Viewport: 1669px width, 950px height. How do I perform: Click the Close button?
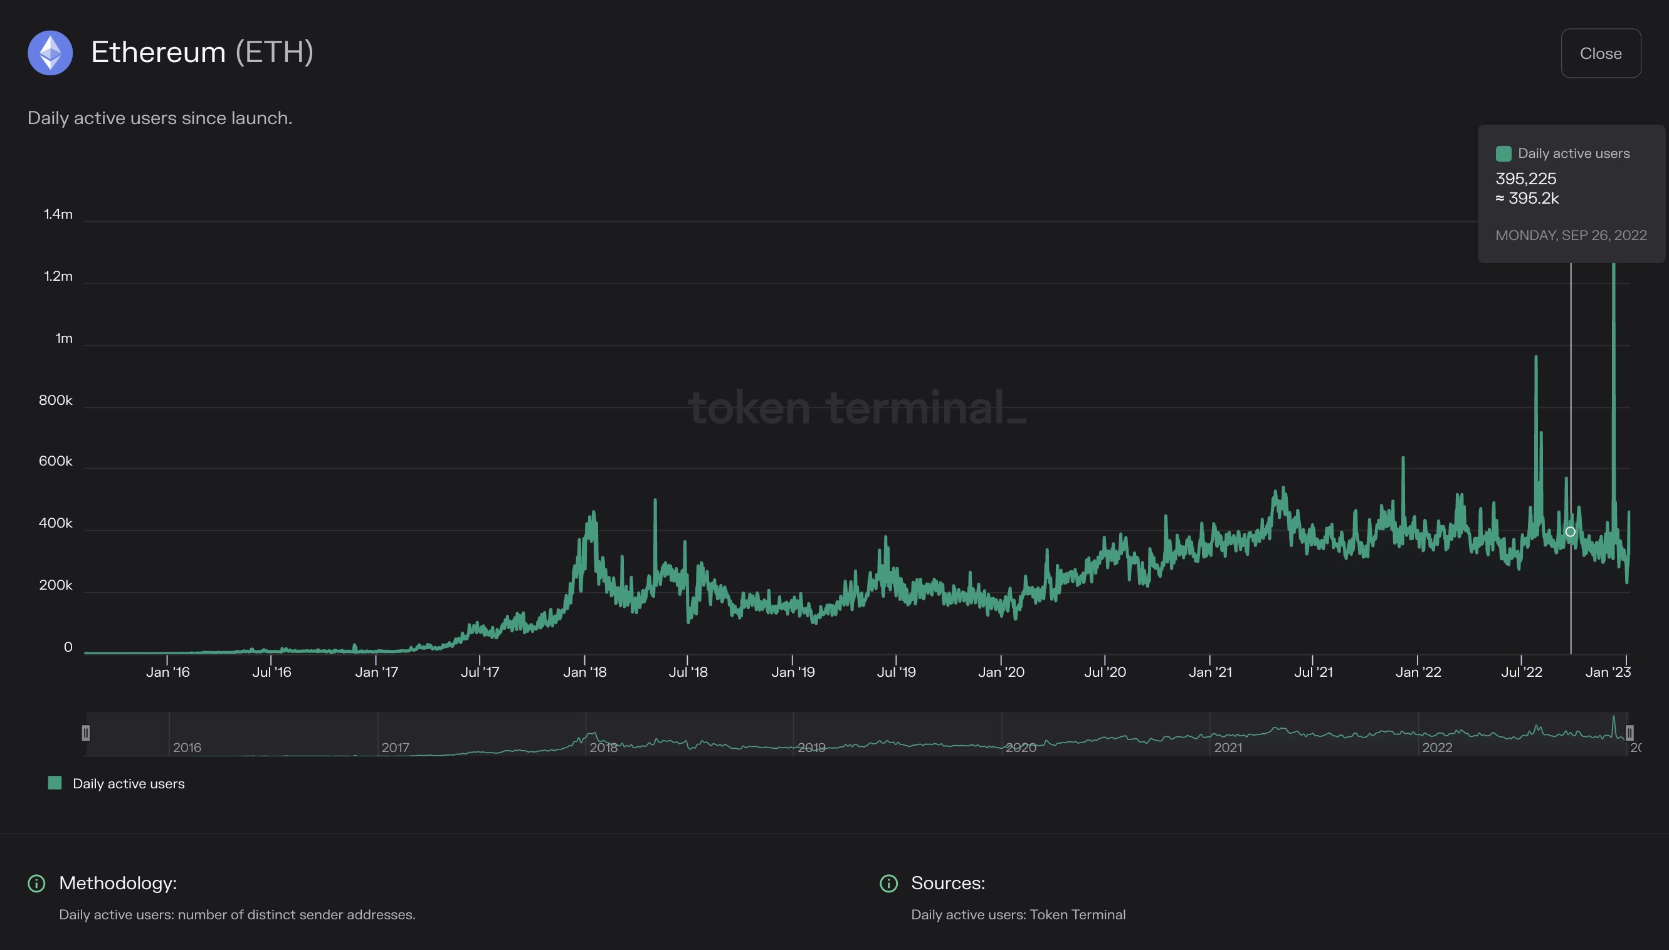tap(1600, 53)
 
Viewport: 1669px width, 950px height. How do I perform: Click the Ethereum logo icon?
tap(50, 53)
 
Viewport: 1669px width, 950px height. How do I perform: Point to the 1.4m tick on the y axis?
tap(58, 215)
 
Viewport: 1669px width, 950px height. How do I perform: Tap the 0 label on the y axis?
tap(68, 647)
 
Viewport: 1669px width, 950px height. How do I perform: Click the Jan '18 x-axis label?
tap(585, 672)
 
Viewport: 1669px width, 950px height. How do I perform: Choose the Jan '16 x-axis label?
tap(168, 672)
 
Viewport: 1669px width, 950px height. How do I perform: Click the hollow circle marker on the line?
tap(1571, 532)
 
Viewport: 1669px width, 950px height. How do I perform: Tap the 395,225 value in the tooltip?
tap(1525, 179)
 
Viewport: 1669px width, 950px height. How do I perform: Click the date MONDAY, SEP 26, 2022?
tap(1571, 236)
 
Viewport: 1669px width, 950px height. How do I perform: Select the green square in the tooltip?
tap(1503, 154)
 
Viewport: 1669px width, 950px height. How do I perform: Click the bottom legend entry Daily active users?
tap(128, 783)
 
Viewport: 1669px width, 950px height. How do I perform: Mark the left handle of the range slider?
tap(85, 733)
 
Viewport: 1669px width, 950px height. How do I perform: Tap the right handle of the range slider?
tap(1629, 733)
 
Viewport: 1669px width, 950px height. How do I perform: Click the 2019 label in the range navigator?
tap(811, 748)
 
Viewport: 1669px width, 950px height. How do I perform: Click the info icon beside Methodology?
tap(36, 884)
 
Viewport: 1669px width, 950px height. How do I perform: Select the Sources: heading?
tap(948, 884)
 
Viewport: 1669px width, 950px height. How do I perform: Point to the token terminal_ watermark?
tap(857, 408)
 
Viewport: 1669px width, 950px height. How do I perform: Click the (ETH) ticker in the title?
tap(274, 52)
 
